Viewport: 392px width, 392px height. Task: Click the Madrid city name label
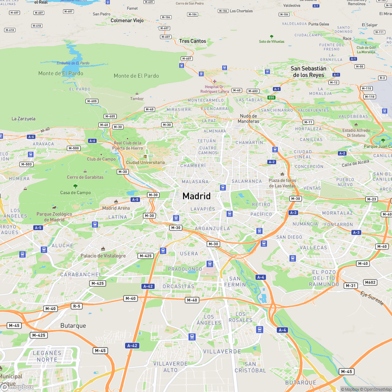(x=196, y=196)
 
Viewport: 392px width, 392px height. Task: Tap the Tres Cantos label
(x=192, y=41)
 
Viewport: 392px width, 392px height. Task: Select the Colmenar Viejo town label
(x=127, y=20)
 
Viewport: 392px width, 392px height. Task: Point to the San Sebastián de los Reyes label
(x=308, y=72)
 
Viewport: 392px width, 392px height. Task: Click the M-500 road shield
(x=74, y=148)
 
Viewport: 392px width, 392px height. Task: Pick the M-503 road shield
(x=27, y=164)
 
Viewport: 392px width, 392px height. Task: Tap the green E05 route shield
(x=271, y=97)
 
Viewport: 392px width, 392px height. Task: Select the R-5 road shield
(x=76, y=306)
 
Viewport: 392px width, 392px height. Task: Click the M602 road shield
(x=370, y=282)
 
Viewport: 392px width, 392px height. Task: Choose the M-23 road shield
(x=372, y=200)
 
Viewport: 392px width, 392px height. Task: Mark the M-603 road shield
(x=253, y=91)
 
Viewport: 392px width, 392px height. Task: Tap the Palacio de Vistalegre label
(x=103, y=256)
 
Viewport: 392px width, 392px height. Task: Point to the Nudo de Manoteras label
(x=249, y=119)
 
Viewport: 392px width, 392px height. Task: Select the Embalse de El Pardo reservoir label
(x=73, y=63)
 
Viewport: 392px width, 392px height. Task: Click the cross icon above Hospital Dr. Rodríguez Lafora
(x=214, y=82)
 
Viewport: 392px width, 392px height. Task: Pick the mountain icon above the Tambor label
(x=137, y=93)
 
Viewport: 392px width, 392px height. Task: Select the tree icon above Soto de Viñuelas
(x=272, y=36)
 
